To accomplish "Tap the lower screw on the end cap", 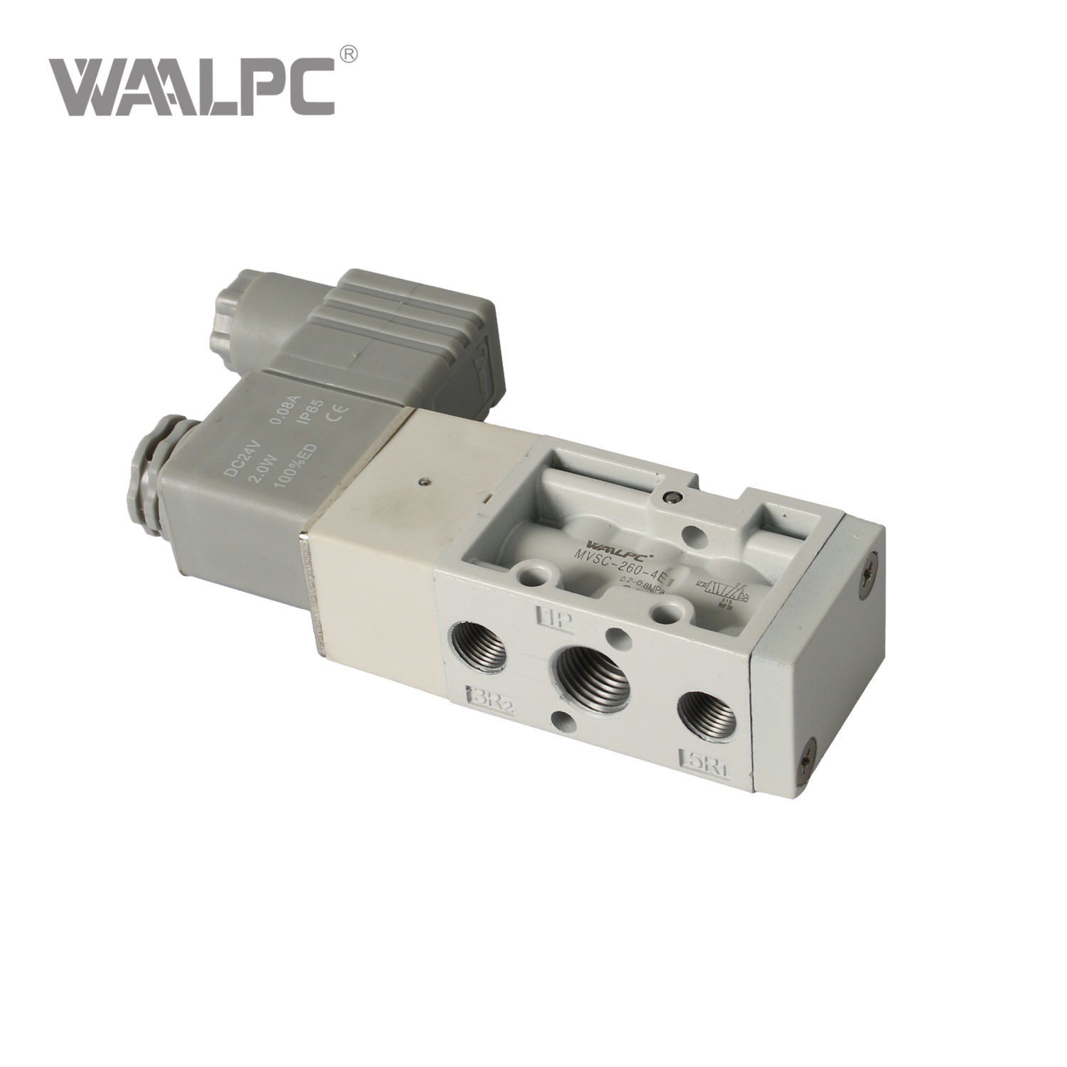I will (x=808, y=763).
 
